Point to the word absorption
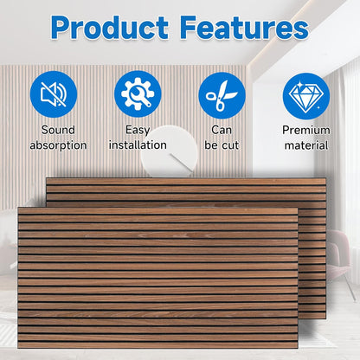point(58,145)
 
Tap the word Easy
point(138,131)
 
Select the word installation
point(138,145)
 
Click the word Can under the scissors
point(222,131)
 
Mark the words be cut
point(222,145)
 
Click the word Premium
point(306,131)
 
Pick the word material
point(306,145)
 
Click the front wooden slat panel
point(156,277)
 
